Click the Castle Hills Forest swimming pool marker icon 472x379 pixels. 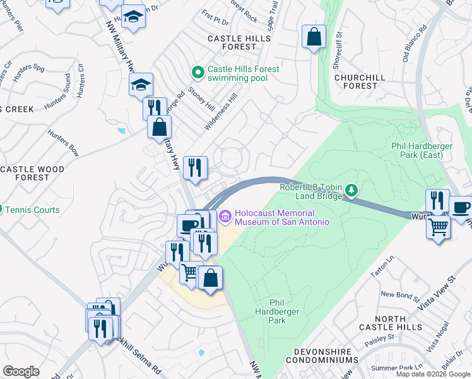click(x=198, y=73)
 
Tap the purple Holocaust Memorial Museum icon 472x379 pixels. click(x=225, y=217)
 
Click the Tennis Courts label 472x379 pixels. click(x=37, y=210)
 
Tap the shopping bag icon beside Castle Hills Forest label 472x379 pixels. click(x=314, y=37)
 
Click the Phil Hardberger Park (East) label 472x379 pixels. click(x=422, y=151)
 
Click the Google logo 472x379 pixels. click(x=21, y=371)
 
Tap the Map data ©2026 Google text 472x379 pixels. click(x=433, y=374)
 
